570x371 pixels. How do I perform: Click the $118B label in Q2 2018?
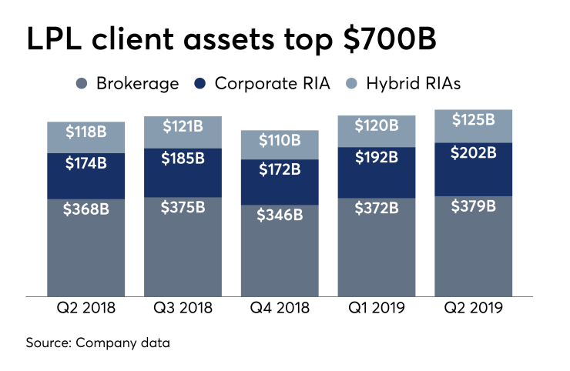[x=86, y=131]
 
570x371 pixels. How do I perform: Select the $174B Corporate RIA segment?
[x=86, y=164]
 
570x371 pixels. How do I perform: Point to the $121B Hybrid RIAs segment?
[x=183, y=125]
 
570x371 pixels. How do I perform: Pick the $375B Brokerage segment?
[x=183, y=208]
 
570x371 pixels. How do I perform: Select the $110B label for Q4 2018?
[x=280, y=141]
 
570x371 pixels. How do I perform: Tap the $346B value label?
[x=280, y=214]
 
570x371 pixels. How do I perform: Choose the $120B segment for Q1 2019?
[x=377, y=125]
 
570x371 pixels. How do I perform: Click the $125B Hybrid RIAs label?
[x=474, y=121]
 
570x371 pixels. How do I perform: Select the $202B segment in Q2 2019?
[x=474, y=153]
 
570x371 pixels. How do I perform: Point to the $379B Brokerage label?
[x=474, y=207]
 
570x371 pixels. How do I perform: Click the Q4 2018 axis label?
[x=280, y=308]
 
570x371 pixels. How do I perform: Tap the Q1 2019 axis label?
[x=377, y=308]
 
